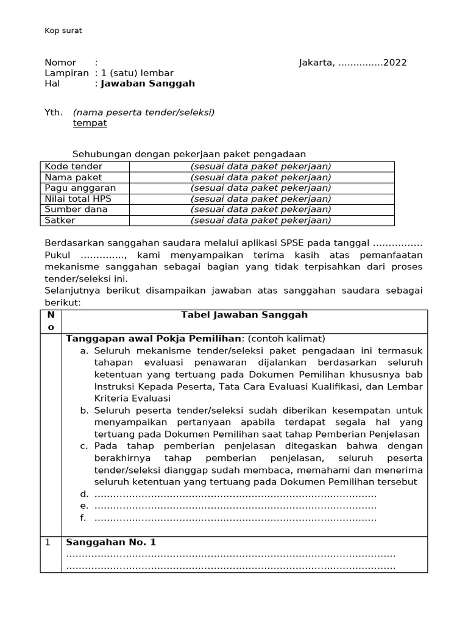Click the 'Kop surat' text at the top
point(63,30)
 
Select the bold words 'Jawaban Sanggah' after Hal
point(148,83)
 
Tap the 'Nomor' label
point(60,63)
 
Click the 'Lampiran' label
point(66,73)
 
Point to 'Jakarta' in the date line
point(316,63)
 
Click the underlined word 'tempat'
point(90,123)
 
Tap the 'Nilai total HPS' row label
point(78,199)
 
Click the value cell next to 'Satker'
point(261,220)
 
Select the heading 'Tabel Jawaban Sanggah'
point(244,315)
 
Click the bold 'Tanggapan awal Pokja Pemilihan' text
point(154,339)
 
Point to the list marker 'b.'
point(85,411)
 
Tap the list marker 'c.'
point(85,446)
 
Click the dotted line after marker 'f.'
point(236,519)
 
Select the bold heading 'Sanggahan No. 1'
point(111,542)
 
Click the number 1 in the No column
point(48,542)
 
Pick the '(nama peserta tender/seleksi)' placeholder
point(144,113)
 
